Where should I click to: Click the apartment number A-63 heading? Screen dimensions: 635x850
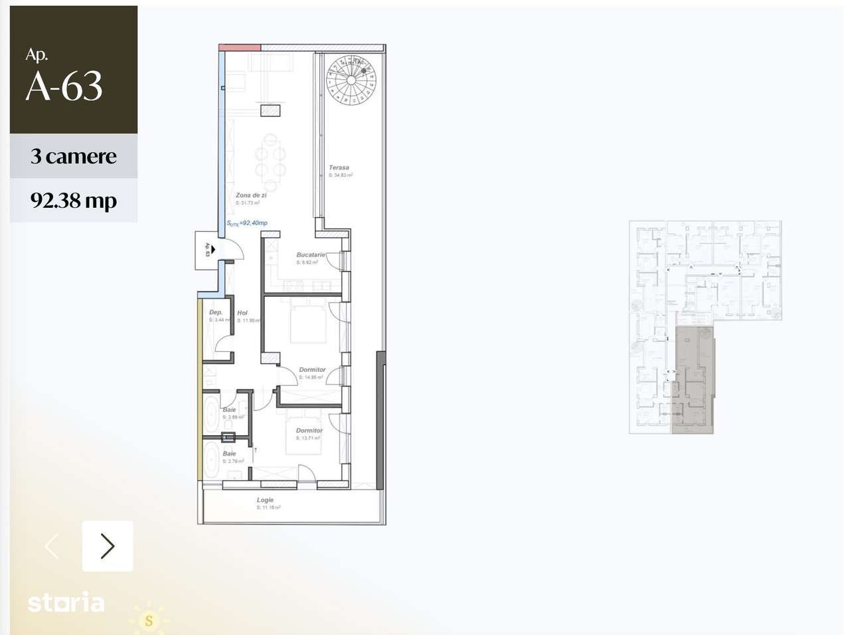64,86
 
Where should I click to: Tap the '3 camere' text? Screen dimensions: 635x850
73,156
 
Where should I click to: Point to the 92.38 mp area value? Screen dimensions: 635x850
73,200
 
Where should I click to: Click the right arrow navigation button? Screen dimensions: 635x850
108,546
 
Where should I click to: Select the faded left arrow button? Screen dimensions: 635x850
52,546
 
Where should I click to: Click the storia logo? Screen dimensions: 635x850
66,603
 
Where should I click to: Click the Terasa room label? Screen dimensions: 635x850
339,167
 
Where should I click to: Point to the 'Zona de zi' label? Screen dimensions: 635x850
251,195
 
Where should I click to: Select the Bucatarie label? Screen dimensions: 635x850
311,254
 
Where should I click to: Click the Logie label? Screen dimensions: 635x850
265,500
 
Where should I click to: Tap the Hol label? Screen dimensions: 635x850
242,313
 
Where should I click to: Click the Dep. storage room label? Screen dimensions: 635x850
216,312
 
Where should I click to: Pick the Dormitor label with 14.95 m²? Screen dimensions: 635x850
312,369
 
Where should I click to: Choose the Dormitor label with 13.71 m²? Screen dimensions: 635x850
309,430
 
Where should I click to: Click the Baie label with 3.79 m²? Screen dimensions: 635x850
229,454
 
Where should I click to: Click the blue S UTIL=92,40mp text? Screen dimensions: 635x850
247,223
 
